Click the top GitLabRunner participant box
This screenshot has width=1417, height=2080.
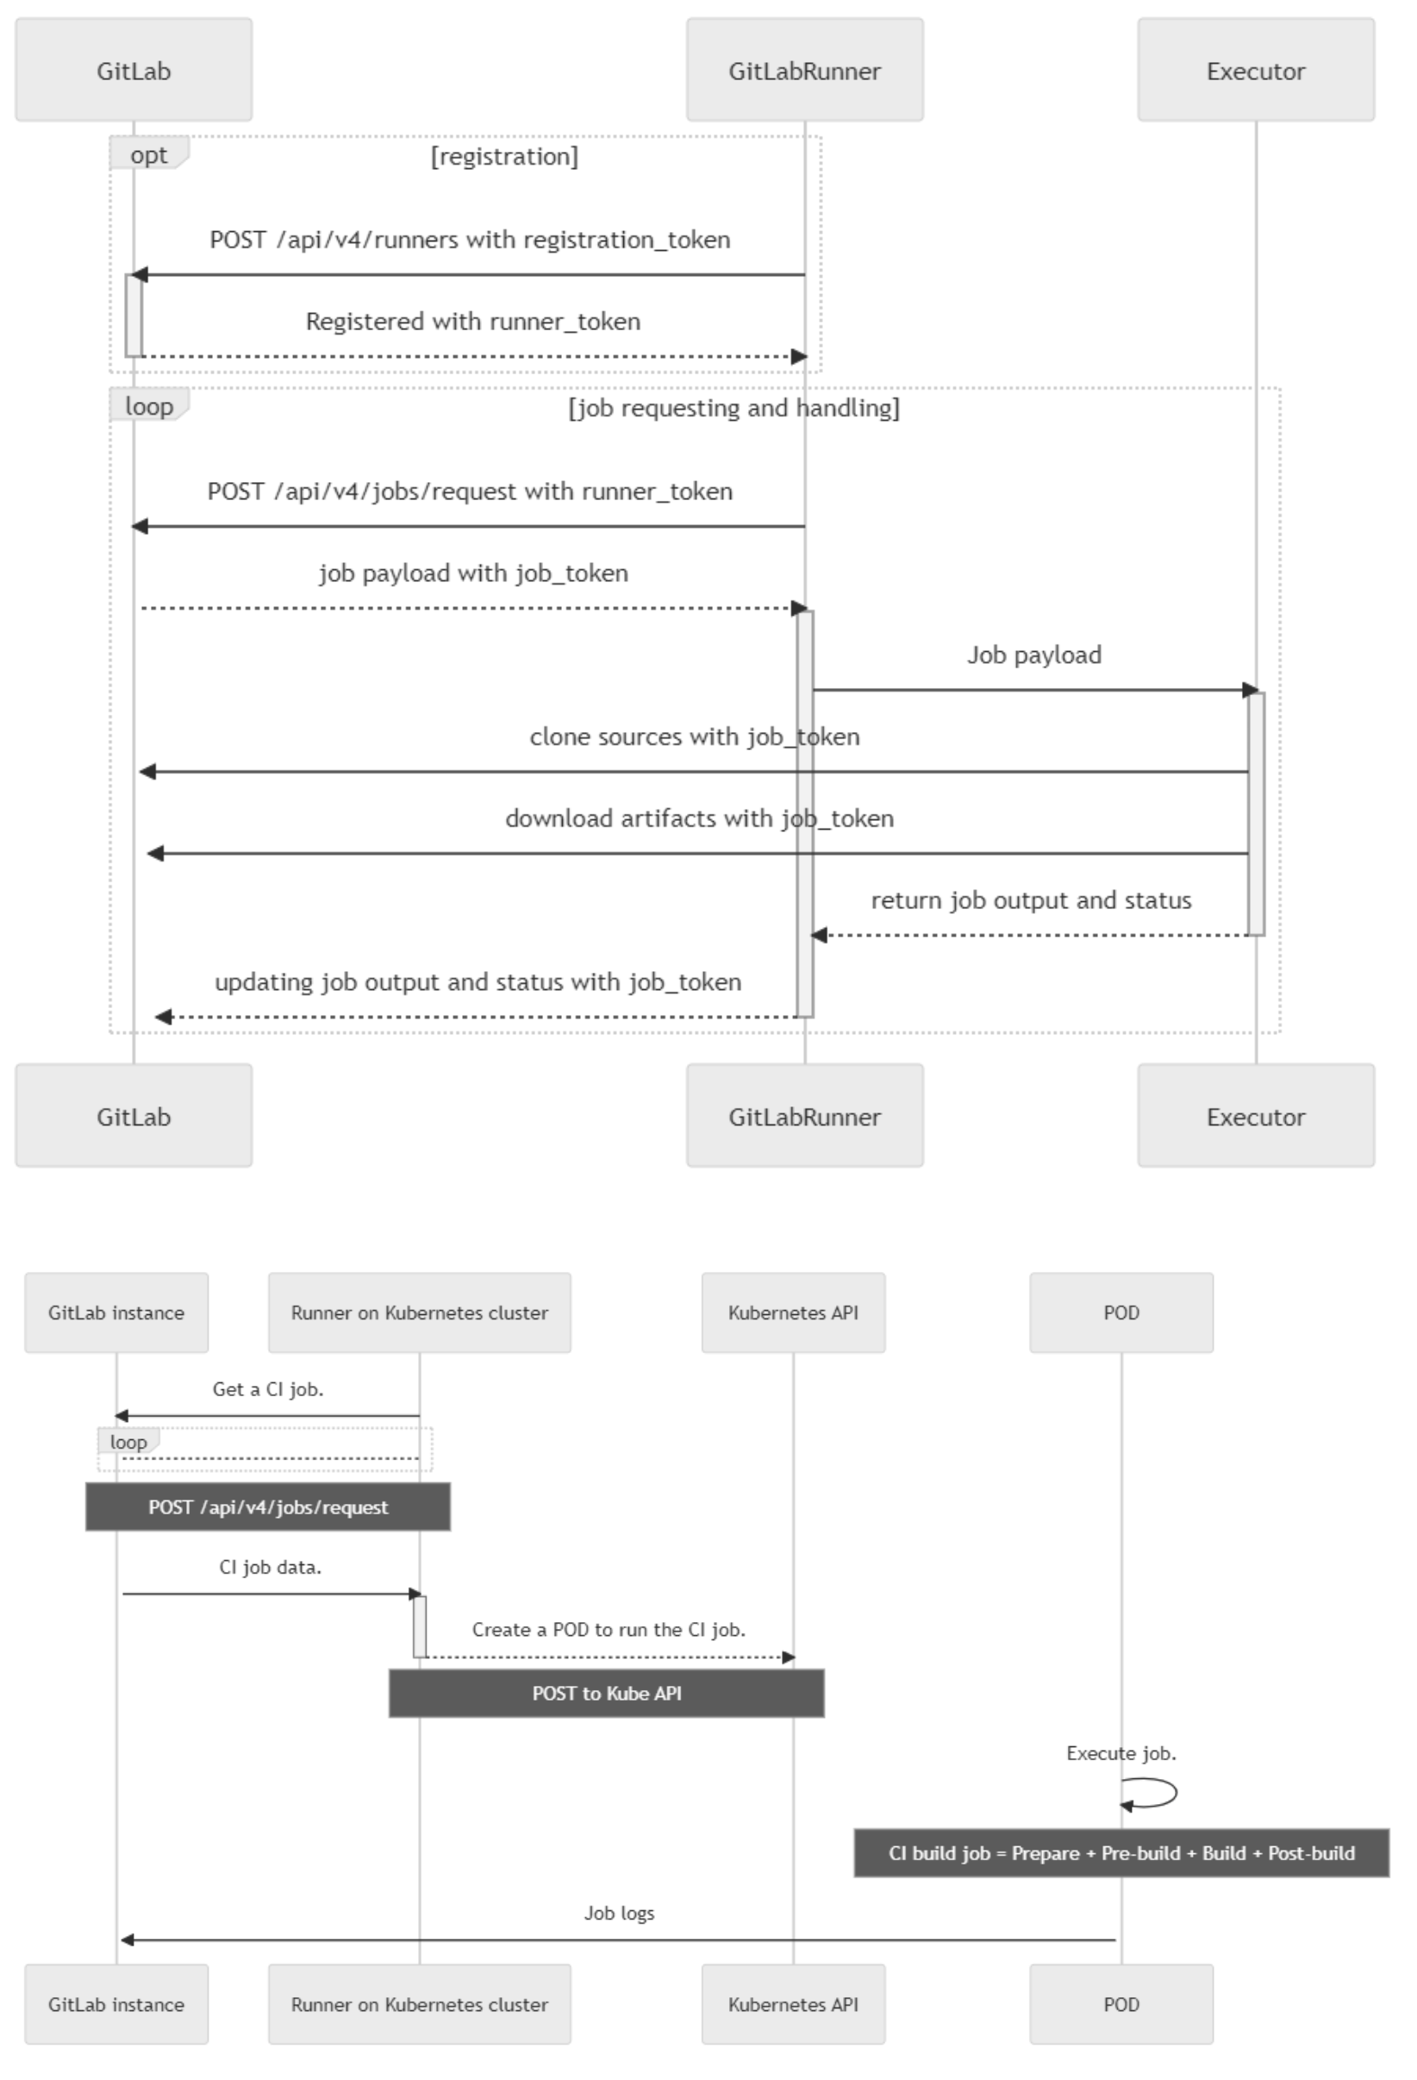(804, 70)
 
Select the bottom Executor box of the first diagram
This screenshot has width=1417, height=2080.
(1256, 1115)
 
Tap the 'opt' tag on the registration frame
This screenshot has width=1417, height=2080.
(148, 154)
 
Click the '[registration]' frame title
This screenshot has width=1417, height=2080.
(504, 157)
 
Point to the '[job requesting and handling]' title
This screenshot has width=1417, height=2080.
(734, 408)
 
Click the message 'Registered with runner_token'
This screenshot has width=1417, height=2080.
(473, 322)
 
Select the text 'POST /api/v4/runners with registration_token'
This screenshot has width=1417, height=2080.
(471, 240)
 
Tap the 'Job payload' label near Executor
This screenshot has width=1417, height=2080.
(1034, 655)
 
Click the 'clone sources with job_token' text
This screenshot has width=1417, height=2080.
(695, 736)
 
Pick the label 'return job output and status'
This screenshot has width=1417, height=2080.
(1032, 900)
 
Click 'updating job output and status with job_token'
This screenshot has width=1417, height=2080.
(478, 982)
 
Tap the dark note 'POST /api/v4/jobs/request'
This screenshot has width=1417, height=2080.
(268, 1507)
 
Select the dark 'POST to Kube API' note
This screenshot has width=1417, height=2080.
(607, 1694)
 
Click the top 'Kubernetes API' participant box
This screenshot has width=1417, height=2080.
(794, 1313)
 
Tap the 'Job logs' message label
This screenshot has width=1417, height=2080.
(619, 1914)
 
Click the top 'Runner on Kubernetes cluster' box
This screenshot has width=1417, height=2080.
(420, 1313)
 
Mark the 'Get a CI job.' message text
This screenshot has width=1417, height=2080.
(268, 1389)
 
